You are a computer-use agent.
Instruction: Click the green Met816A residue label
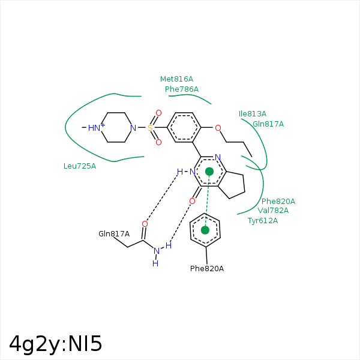(x=176, y=79)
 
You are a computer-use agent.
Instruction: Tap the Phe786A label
(x=181, y=89)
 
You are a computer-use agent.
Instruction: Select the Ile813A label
(x=252, y=114)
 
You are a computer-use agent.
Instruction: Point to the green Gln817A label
(x=268, y=124)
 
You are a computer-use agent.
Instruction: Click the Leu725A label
(x=79, y=166)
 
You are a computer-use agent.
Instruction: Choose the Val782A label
(x=273, y=211)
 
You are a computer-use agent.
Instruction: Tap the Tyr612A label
(x=263, y=221)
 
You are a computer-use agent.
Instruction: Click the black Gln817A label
(x=114, y=234)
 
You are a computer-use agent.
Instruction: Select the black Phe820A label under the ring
(x=206, y=269)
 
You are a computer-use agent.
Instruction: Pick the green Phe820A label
(x=278, y=202)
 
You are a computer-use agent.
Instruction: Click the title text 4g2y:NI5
(x=56, y=344)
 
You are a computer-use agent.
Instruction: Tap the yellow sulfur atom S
(x=150, y=128)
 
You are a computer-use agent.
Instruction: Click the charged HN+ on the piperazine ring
(x=95, y=128)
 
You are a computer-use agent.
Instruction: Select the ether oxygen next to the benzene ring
(x=217, y=128)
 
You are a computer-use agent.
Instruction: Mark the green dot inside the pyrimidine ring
(x=209, y=172)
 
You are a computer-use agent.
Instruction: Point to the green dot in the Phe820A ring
(x=205, y=230)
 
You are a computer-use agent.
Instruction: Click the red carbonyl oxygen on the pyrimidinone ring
(x=192, y=201)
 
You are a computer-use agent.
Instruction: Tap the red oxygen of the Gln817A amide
(x=145, y=224)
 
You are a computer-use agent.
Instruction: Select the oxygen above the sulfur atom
(x=158, y=113)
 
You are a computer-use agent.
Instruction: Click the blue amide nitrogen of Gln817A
(x=157, y=251)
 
